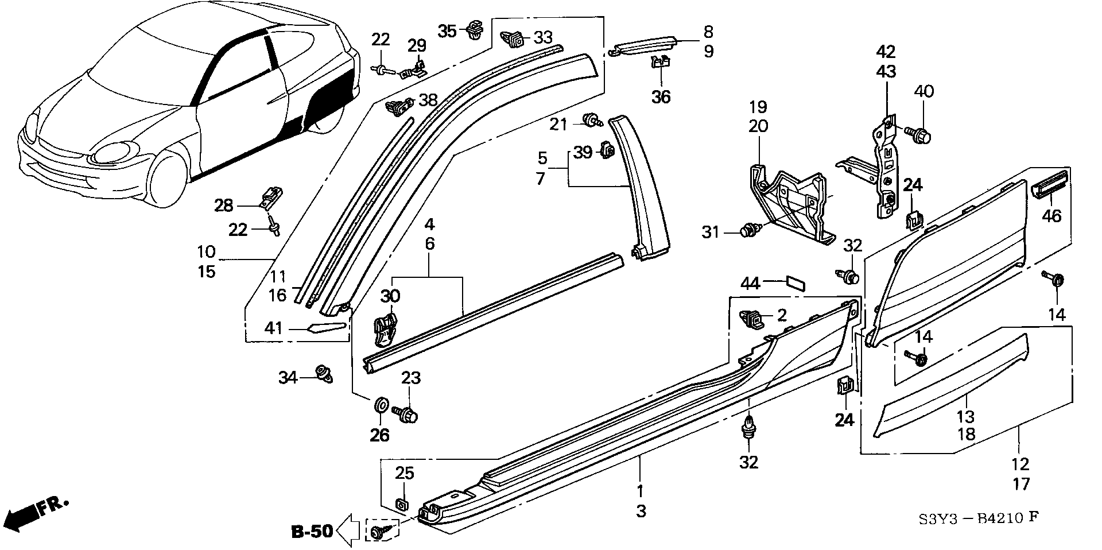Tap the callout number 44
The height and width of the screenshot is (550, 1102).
[750, 283]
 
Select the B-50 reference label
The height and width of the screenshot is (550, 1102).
[312, 531]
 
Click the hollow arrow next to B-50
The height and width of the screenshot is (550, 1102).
[349, 530]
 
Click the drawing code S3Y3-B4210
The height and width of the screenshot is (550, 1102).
[970, 519]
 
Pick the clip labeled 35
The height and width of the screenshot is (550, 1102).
[475, 29]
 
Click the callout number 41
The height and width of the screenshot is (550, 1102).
[274, 328]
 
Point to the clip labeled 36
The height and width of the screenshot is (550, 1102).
[661, 62]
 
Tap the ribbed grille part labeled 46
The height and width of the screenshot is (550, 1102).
[1051, 183]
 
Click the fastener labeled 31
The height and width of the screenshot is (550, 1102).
[748, 231]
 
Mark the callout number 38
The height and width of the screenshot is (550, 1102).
[428, 100]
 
